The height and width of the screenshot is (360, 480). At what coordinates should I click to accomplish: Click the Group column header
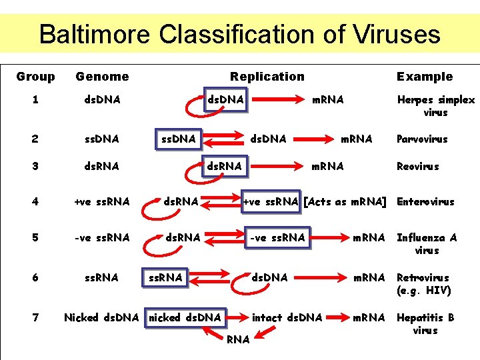pyautogui.click(x=35, y=77)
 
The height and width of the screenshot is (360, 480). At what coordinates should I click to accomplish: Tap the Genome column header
pyautogui.click(x=102, y=77)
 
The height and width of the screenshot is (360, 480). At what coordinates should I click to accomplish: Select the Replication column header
pyautogui.click(x=267, y=77)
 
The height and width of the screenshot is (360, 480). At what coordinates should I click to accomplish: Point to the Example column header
pyautogui.click(x=425, y=77)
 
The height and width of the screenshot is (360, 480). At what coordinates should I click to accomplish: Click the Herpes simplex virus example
pyautogui.click(x=436, y=106)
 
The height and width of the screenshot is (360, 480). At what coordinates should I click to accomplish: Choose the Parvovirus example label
pyautogui.click(x=422, y=139)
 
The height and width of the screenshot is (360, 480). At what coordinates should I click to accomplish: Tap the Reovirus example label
pyautogui.click(x=418, y=166)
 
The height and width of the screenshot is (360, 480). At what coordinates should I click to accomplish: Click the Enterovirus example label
pyautogui.click(x=425, y=201)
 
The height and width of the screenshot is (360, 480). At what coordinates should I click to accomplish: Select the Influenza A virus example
pyautogui.click(x=427, y=243)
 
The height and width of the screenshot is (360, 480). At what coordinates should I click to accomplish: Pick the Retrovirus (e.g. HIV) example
pyautogui.click(x=424, y=283)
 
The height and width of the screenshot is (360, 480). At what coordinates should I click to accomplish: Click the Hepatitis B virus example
pyautogui.click(x=425, y=323)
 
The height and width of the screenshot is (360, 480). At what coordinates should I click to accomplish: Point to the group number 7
pyautogui.click(x=35, y=317)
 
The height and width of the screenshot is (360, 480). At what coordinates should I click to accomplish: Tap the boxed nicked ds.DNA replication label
pyautogui.click(x=185, y=317)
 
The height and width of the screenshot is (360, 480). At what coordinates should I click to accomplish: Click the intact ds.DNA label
pyautogui.click(x=287, y=317)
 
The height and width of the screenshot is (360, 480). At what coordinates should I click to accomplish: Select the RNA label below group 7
pyautogui.click(x=238, y=340)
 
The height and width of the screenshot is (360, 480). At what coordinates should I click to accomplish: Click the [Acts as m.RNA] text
pyautogui.click(x=345, y=201)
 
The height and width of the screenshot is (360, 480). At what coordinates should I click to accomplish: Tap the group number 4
pyautogui.click(x=35, y=201)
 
